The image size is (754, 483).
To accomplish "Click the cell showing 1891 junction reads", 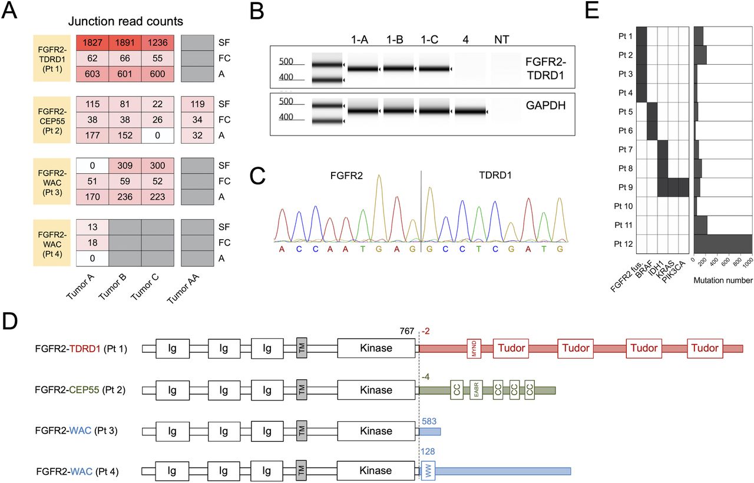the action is click(125, 43).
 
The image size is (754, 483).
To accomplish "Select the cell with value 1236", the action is click(157, 43).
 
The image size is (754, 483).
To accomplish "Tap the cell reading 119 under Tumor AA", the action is click(197, 104).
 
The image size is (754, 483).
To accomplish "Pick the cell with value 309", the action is click(125, 166).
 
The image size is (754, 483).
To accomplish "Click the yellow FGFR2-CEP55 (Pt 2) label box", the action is click(52, 120).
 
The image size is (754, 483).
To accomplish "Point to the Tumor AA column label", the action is click(183, 289).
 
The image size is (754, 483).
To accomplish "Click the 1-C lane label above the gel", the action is click(429, 39).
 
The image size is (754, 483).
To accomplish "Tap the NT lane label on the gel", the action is click(501, 39).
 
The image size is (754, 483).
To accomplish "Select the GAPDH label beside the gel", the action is click(545, 105).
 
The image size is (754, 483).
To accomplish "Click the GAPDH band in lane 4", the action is click(470, 111).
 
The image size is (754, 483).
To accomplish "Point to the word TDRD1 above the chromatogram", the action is click(495, 176).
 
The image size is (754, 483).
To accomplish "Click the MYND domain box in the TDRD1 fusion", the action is click(474, 349).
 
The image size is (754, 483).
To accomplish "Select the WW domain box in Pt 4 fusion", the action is click(428, 471).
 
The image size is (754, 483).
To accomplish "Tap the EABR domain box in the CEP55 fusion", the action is click(477, 390).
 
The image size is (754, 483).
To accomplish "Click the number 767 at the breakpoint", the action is click(406, 331).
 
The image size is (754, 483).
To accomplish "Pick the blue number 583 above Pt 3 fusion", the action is click(429, 421).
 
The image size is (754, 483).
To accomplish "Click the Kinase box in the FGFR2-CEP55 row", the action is click(376, 390).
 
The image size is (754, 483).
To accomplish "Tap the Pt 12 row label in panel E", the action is click(623, 244).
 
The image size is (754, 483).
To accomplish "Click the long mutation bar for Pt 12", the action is click(723, 244).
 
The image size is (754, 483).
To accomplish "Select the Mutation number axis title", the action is click(723, 280).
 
